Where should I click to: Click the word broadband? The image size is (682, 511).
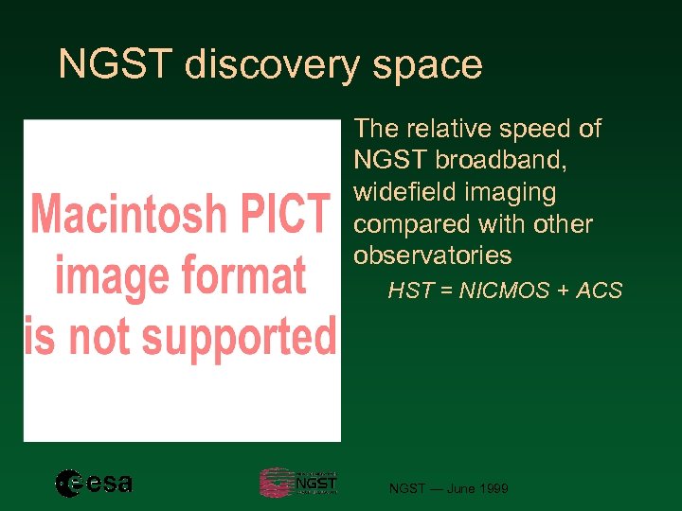pos(500,161)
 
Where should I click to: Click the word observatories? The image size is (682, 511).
pos(432,256)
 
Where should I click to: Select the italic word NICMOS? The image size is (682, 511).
pos(504,291)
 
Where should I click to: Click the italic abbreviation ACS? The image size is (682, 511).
pos(599,291)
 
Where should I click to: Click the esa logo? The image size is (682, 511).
pos(93,484)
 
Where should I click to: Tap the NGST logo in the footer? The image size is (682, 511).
pos(297,483)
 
